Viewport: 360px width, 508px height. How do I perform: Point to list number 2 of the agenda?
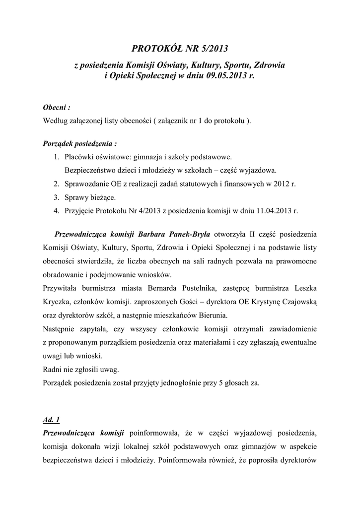[x=56, y=184]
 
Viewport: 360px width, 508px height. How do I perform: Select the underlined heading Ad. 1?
[x=52, y=420]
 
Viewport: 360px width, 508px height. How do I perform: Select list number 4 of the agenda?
[x=56, y=210]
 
